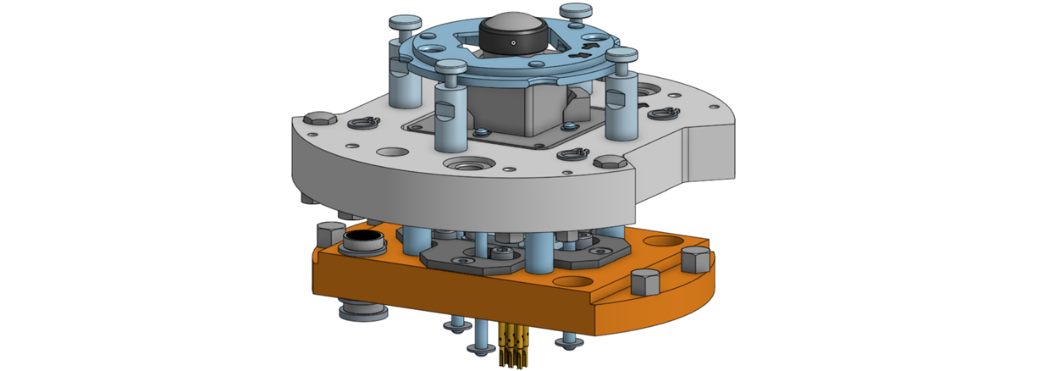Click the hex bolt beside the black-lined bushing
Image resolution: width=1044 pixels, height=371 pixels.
[x=328, y=232]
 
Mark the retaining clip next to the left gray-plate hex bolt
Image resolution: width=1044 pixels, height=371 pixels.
[x=362, y=124]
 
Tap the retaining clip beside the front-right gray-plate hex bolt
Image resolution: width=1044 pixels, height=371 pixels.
[x=573, y=155]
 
